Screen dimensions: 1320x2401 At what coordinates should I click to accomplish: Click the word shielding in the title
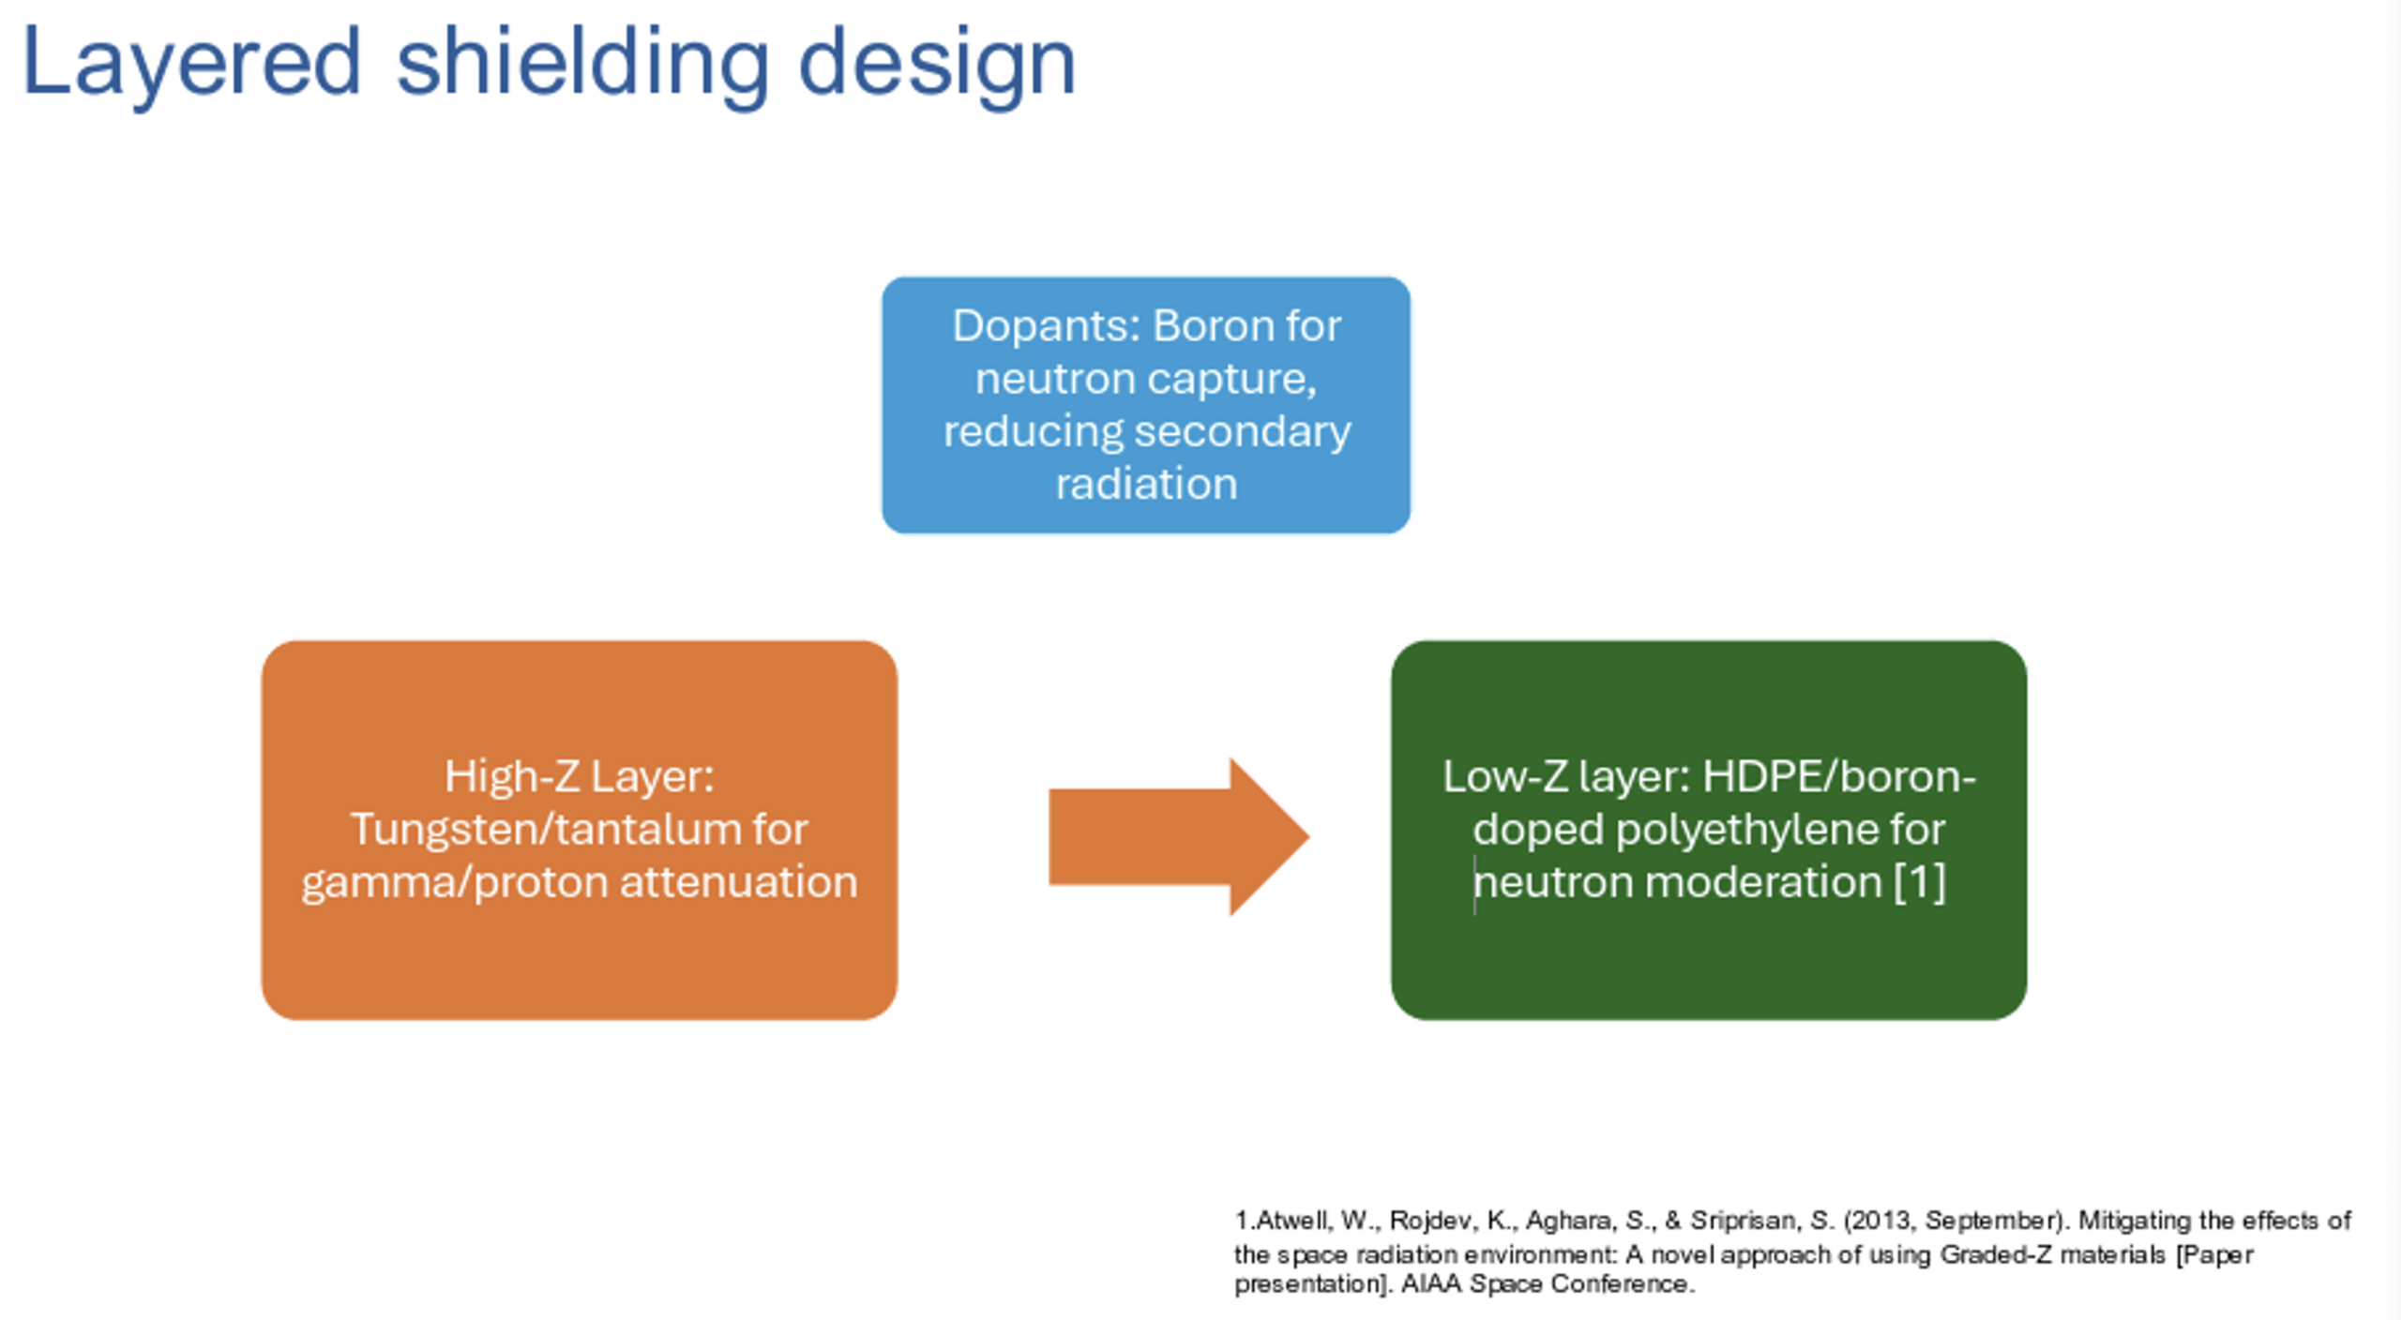[581, 64]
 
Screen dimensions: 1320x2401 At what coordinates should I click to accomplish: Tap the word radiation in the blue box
[1146, 484]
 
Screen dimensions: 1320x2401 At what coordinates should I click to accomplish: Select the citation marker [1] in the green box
[1920, 882]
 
